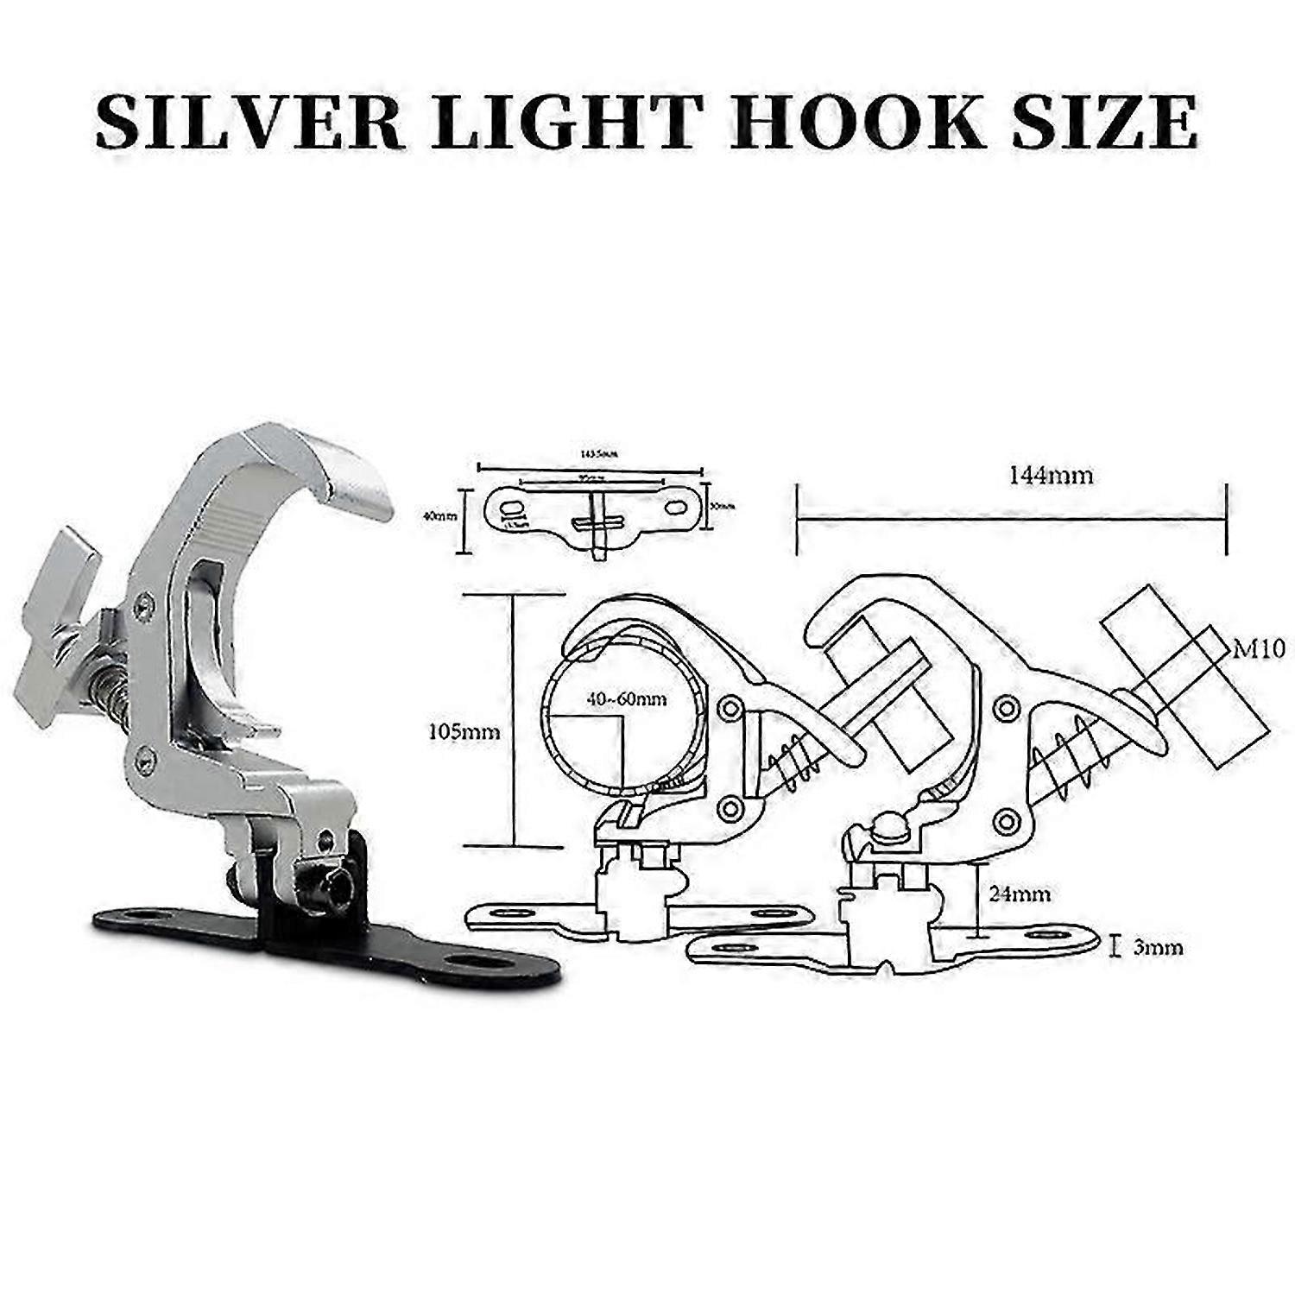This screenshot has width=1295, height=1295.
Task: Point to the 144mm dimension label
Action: pyautogui.click(x=1050, y=475)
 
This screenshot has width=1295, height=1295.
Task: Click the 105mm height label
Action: pyautogui.click(x=464, y=732)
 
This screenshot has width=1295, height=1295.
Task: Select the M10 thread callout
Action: pyautogui.click(x=1259, y=647)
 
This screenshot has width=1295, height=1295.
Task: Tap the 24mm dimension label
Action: pyautogui.click(x=1020, y=893)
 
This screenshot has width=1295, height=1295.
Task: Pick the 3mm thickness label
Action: pyautogui.click(x=1157, y=947)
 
